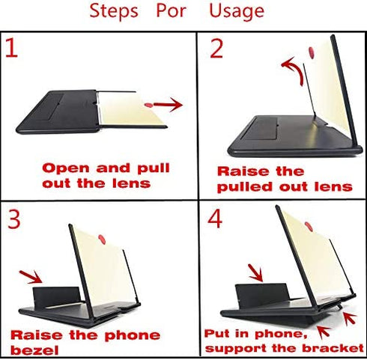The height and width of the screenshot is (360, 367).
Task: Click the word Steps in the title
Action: click(114, 11)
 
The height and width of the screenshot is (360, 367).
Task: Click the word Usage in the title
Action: click(237, 11)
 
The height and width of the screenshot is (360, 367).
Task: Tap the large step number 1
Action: click(12, 47)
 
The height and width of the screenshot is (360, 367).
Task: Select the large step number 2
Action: click(216, 49)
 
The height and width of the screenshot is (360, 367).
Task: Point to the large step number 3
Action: click(14, 219)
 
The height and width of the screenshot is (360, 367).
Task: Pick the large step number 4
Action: click(215, 218)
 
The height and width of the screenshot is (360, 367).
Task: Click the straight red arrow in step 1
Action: click(168, 105)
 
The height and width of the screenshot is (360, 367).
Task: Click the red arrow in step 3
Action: click(31, 277)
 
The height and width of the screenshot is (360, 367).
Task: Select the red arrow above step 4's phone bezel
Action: click(255, 273)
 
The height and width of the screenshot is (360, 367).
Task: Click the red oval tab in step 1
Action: click(148, 105)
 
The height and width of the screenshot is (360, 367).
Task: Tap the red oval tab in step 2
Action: click(312, 52)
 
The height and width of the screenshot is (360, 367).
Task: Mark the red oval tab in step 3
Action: click(102, 240)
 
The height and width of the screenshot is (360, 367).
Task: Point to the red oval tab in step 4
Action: click(309, 226)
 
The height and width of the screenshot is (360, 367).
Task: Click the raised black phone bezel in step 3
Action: click(57, 296)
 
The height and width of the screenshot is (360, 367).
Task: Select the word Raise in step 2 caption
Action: click(243, 171)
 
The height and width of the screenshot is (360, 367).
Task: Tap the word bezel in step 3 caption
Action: click(34, 350)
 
